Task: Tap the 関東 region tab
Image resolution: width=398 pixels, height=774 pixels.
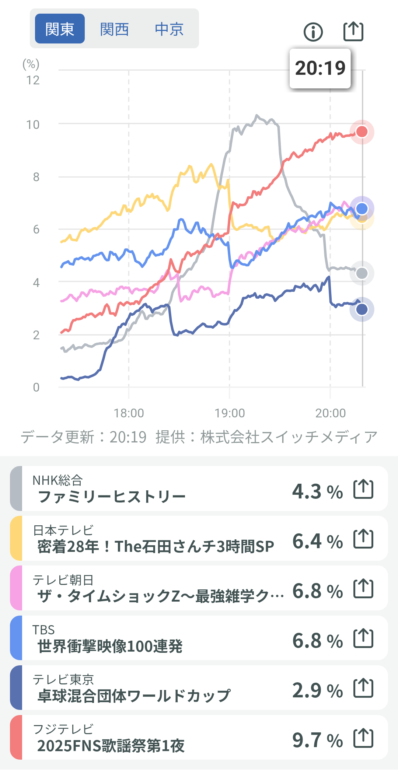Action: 60,29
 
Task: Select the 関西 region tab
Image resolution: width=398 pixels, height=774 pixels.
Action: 114,29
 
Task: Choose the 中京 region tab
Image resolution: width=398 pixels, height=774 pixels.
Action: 169,29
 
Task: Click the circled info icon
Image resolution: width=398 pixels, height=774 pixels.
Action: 313,32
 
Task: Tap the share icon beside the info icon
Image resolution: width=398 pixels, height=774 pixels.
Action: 353,31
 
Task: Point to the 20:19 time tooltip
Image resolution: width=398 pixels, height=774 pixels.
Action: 320,68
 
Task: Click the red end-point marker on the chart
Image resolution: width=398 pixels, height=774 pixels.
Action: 362,132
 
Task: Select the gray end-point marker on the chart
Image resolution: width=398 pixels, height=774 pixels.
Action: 362,273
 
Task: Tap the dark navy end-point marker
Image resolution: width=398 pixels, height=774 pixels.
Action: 362,309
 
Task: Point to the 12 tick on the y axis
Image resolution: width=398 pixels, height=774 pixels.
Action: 33,80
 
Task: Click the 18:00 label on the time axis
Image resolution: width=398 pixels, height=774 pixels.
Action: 129,413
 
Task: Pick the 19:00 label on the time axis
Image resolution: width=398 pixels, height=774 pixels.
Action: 230,413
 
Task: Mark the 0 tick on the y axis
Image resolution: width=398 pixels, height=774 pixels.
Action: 36,387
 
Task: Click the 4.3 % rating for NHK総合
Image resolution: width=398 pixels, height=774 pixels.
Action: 317,491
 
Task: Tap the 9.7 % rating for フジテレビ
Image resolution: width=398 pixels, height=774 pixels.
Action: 317,740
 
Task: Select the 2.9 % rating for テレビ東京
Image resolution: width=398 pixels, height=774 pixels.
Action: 317,690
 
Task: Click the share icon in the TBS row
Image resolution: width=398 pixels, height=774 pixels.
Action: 363,638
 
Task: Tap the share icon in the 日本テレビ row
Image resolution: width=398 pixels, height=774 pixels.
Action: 363,539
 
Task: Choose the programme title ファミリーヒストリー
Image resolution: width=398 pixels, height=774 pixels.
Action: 112,497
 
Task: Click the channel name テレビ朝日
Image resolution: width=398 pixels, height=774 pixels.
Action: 63,580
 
